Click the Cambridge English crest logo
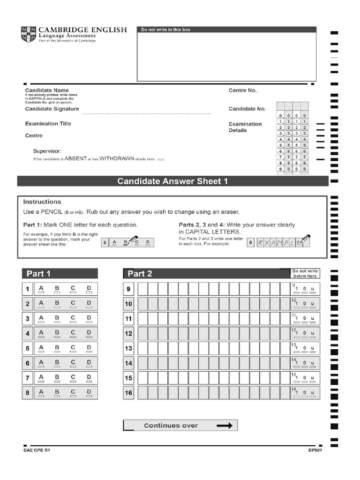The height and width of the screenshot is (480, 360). [28, 34]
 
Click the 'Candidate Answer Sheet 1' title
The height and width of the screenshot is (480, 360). [172, 181]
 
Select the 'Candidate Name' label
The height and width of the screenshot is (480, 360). [47, 90]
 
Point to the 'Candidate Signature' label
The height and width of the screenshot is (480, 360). [52, 109]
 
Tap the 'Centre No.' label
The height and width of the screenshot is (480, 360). [242, 90]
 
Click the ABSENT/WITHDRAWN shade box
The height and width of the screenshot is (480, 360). [161, 159]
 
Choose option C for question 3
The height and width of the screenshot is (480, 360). [73, 319]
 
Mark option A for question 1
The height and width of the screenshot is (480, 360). [41, 289]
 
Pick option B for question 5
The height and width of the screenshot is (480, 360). [57, 349]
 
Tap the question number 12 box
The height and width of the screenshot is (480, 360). [128, 334]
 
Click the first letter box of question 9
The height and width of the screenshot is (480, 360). [142, 289]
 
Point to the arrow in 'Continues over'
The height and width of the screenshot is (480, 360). [225, 426]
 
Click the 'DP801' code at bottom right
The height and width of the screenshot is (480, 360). [315, 450]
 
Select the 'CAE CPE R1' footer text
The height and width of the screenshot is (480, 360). [37, 450]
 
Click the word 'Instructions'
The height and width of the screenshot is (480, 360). [42, 202]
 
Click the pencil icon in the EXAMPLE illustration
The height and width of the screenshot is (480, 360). [305, 240]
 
